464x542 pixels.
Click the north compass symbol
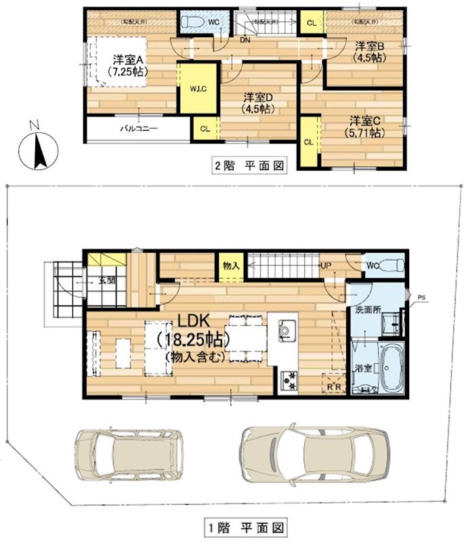pyautogui.click(x=36, y=146)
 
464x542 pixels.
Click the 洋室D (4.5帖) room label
pyautogui.click(x=258, y=101)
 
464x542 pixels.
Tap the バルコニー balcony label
pyautogui.click(x=139, y=127)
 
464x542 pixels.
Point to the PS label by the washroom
pyautogui.click(x=422, y=295)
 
